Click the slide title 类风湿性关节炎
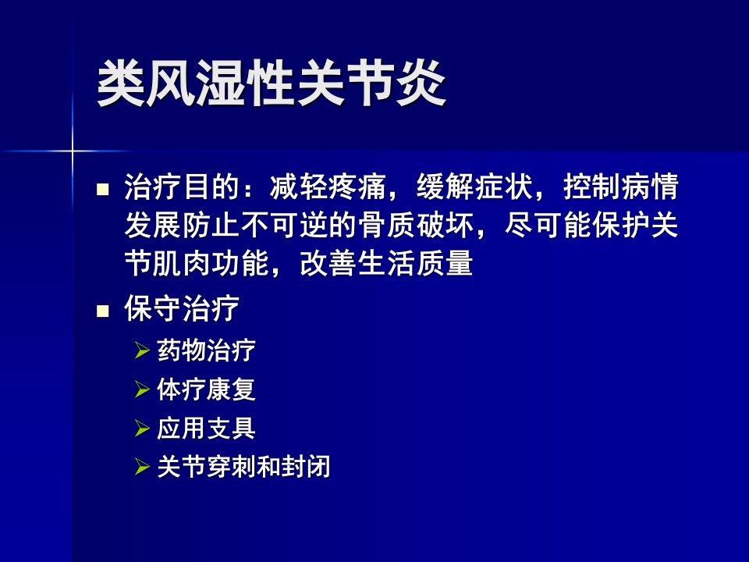tap(272, 84)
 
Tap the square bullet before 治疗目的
tap(103, 190)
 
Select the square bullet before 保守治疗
tap(103, 311)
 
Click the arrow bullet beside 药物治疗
tap(142, 350)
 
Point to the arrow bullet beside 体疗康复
tap(142, 389)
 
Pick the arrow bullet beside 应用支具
tap(142, 429)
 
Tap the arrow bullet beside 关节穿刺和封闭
tap(142, 467)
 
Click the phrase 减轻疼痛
tap(328, 187)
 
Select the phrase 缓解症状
tap(475, 187)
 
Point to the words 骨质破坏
tap(417, 225)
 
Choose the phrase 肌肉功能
tap(211, 263)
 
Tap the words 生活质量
tap(415, 263)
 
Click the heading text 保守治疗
tap(182, 308)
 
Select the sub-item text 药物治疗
tap(206, 350)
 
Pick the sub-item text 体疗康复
tap(206, 389)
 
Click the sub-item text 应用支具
tap(206, 429)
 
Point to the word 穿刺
tap(231, 467)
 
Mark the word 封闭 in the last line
tap(306, 467)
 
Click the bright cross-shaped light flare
tap(73, 151)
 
